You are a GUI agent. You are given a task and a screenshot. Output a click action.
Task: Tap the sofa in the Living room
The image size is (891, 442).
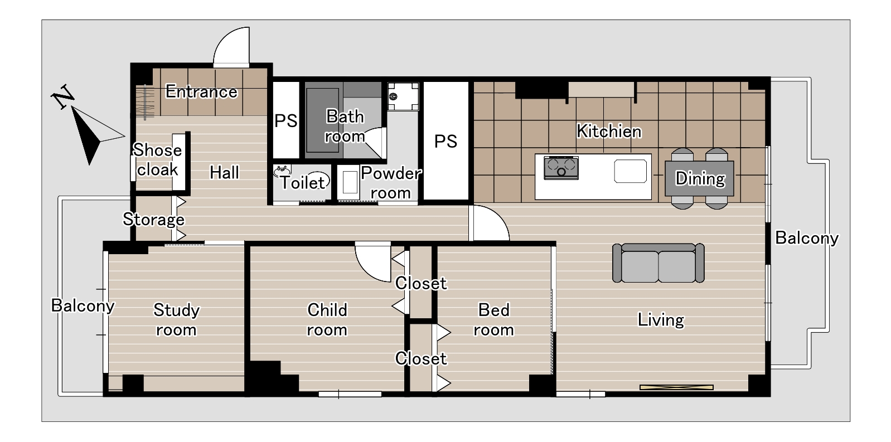coord(658,263)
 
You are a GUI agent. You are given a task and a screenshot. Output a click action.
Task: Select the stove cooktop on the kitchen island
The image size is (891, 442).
coord(561,168)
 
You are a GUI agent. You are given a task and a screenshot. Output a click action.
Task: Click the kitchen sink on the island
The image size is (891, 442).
coord(631,171)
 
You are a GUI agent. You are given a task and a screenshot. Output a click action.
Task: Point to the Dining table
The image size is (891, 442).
coord(699,178)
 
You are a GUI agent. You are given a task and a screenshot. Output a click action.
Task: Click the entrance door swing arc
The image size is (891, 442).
coord(231,46)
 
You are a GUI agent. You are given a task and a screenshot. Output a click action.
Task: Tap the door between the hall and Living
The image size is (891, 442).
coord(489,223)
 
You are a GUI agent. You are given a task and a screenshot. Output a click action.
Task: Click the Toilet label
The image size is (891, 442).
coord(303,183)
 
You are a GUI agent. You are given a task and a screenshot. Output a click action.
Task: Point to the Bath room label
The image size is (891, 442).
coord(345,127)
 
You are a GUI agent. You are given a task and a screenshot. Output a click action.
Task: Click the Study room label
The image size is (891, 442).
coord(176,320)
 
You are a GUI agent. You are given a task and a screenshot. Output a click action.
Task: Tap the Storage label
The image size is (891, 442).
coord(153,220)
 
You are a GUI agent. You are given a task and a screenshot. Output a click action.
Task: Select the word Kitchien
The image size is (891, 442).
coord(609,131)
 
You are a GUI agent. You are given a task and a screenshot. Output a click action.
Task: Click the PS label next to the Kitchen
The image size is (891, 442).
coord(445,142)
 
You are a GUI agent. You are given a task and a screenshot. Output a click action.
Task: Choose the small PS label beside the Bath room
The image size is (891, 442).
coord(285,120)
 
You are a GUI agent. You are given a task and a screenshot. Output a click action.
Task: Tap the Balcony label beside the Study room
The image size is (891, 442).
coord(83,305)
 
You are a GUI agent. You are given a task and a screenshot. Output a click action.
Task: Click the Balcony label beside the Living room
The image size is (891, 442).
coord(807,238)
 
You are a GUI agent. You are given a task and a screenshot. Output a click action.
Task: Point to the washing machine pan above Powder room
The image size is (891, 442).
coord(403,96)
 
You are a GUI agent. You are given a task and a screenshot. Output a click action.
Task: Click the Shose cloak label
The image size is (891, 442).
coord(158,160)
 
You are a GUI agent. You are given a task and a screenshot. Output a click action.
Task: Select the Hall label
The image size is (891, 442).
coord(225,173)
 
